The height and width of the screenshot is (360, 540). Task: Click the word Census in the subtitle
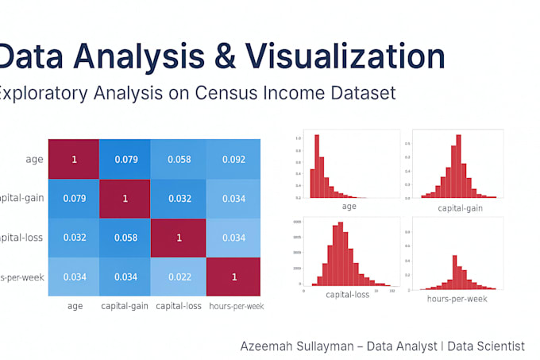tap(221, 94)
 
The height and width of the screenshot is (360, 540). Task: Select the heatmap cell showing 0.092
tap(233, 160)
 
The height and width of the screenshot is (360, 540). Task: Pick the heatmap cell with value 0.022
tap(179, 276)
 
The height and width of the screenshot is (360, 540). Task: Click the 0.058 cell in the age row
tap(179, 160)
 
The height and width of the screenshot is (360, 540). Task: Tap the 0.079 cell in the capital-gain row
tap(74, 199)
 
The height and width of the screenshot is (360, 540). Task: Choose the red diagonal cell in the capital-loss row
tap(179, 238)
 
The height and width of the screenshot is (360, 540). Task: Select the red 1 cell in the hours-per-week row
tap(233, 276)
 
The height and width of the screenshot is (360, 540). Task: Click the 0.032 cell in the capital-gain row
tap(179, 199)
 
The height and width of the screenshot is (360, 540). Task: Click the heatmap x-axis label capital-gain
tap(126, 306)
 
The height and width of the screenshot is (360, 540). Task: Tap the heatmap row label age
tap(33, 160)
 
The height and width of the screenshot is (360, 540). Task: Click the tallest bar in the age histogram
tap(317, 165)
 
